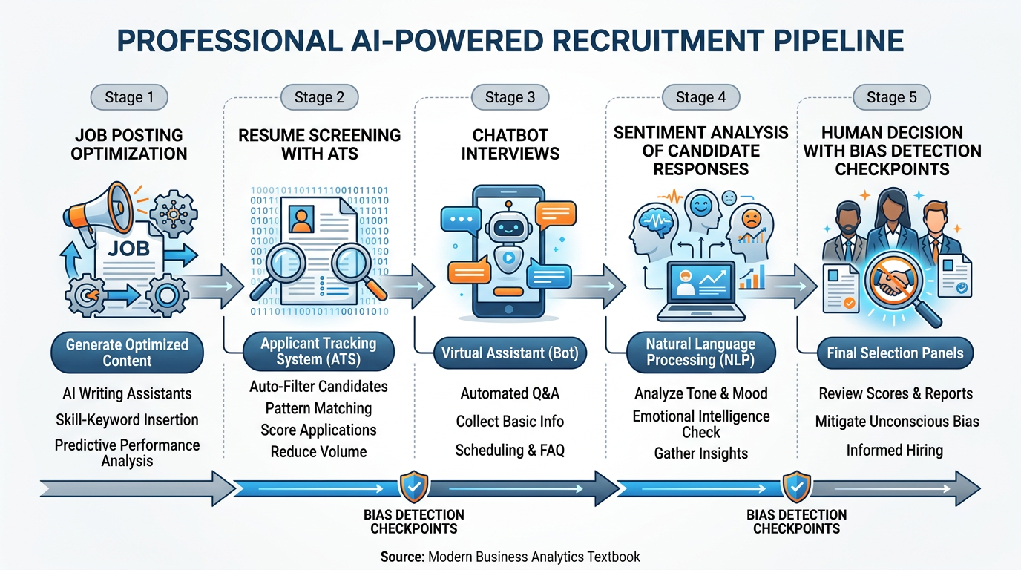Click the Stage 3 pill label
coord(510,97)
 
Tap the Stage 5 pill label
coord(891,97)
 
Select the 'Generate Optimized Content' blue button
coord(127,353)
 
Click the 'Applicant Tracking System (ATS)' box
coord(318,352)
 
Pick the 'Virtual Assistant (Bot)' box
coord(510,353)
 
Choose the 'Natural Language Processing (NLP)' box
coord(700,352)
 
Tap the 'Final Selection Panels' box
coord(895,353)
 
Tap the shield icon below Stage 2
coord(413,487)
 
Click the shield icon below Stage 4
coord(796,487)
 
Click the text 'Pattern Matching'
coord(318,408)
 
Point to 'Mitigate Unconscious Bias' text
coord(897,422)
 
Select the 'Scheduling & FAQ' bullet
coord(510,450)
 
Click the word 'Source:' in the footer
coord(403,556)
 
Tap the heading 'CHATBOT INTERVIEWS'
coord(510,145)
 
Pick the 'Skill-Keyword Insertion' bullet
coord(127,420)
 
